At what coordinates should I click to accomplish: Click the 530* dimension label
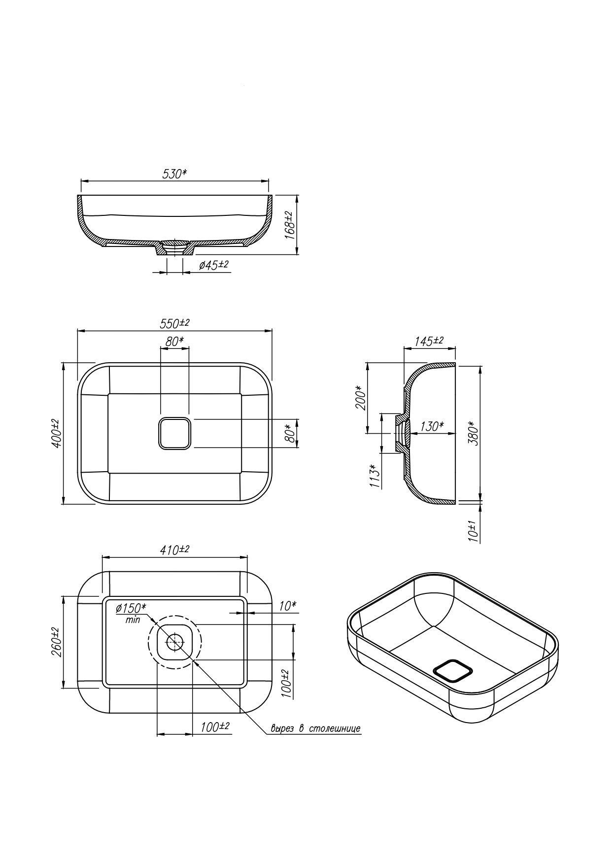coord(174,173)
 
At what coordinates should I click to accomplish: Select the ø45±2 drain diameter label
coord(213,265)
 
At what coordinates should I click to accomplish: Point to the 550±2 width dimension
coord(174,323)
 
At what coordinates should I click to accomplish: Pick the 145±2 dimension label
coord(429,341)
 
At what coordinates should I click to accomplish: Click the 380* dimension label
coord(473,433)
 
